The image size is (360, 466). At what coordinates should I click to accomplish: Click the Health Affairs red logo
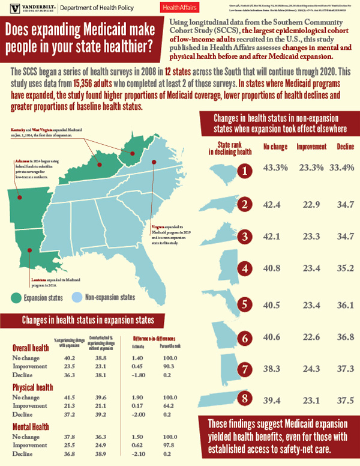pos(182,8)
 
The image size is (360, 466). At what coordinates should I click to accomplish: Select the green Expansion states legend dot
pos(17,296)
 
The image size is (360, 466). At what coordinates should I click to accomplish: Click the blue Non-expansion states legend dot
pos(76,296)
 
